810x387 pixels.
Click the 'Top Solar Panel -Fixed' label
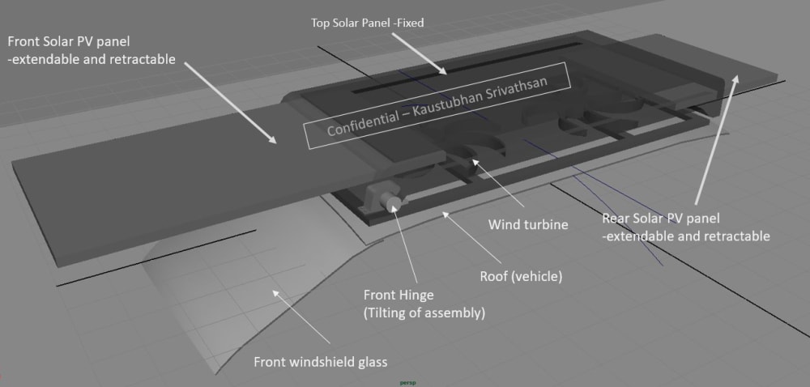(367, 23)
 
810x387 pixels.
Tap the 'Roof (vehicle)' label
(521, 276)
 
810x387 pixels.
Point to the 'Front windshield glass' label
(319, 361)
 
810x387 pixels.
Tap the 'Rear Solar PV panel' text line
(660, 218)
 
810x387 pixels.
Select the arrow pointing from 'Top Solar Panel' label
(421, 53)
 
